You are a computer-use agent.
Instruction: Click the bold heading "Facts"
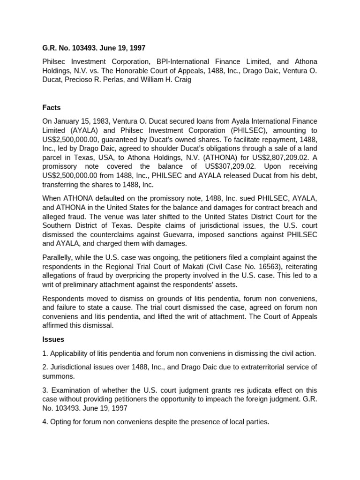coord(52,107)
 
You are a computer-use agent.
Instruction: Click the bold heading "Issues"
coord(53,339)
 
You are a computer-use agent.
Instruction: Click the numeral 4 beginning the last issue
coord(45,421)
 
